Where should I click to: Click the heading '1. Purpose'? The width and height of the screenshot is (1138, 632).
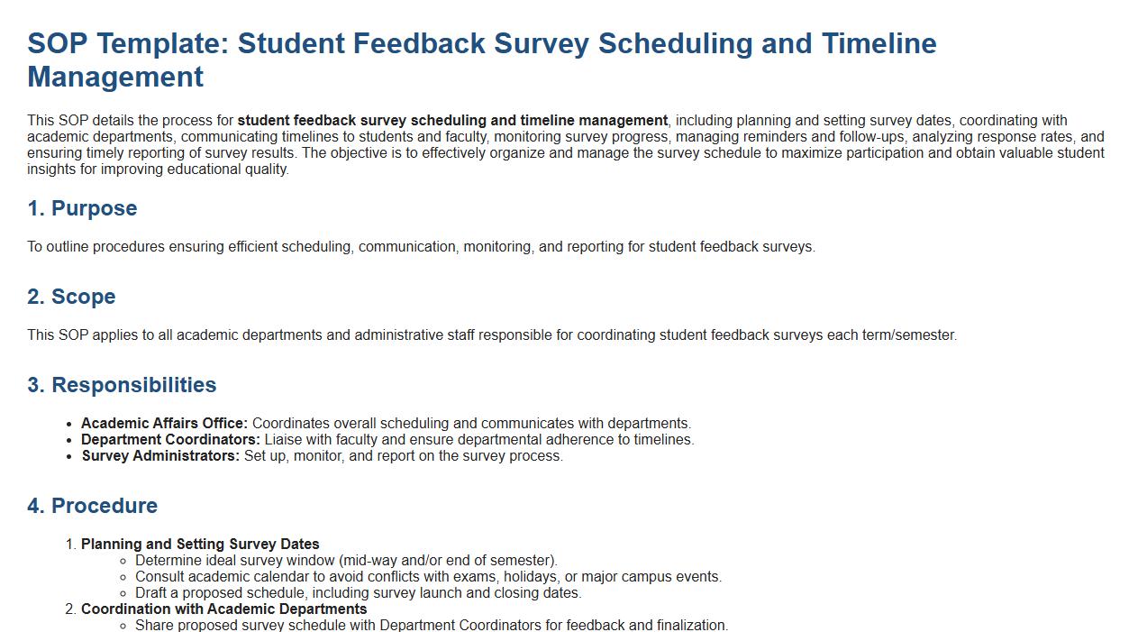point(82,208)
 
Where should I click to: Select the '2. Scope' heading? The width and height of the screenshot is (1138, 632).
point(71,297)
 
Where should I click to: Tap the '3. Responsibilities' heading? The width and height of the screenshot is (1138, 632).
point(122,385)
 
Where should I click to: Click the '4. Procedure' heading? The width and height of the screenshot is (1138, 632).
point(92,506)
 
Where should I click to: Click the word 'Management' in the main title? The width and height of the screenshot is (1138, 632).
point(115,77)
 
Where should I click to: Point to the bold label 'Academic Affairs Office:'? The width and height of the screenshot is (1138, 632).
point(164,424)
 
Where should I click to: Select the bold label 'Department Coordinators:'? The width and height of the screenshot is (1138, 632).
point(170,440)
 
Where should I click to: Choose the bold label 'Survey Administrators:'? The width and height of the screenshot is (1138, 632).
point(160,456)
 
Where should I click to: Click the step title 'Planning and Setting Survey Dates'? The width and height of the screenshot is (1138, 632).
point(200,545)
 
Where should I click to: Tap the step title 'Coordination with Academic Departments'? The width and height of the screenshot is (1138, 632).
point(223,609)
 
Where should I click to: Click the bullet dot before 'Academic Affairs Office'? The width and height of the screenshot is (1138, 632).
point(70,424)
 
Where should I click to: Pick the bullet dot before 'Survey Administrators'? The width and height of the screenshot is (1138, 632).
point(70,456)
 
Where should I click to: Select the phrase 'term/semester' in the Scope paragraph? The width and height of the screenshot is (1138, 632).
point(909,335)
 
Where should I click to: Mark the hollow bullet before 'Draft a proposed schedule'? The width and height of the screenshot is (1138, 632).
point(124,593)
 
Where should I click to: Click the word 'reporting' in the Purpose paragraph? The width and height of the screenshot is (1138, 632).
point(596,247)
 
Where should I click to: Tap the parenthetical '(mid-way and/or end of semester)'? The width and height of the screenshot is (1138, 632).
point(448,561)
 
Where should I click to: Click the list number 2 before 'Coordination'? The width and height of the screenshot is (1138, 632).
point(70,609)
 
